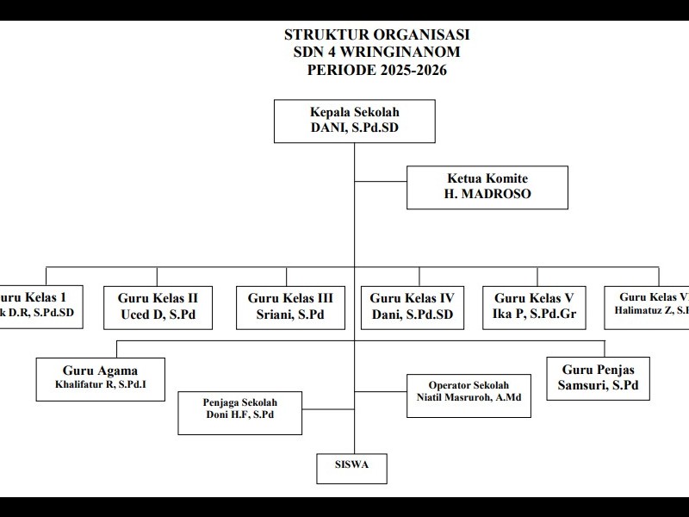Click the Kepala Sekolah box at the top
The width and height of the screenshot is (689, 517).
point(354,121)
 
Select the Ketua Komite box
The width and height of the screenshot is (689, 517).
point(487,187)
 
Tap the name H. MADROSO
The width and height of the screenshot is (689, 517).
point(487,195)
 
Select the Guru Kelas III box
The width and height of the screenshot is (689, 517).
point(290,307)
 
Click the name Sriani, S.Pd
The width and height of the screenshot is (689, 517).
point(290,315)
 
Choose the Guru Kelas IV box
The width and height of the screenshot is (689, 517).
point(412,307)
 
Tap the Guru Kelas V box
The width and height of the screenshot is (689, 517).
point(534,307)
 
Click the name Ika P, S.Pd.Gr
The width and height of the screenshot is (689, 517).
point(534,315)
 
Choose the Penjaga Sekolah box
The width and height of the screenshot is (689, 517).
point(240,412)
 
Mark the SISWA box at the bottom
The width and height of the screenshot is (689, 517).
point(351,466)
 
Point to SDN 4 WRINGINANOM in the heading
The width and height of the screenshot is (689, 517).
point(377,53)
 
